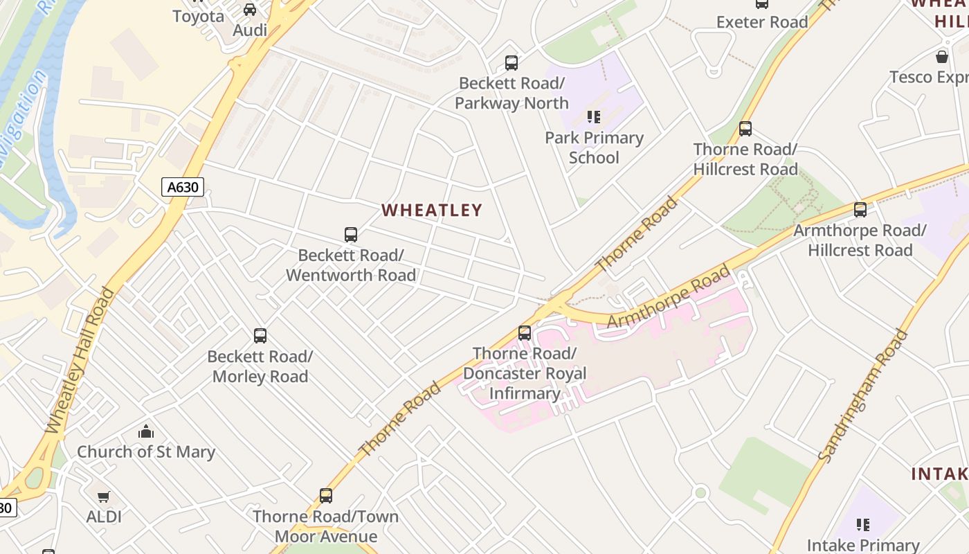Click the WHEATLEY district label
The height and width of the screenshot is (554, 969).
coord(432,210)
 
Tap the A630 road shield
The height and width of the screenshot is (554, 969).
coord(183,186)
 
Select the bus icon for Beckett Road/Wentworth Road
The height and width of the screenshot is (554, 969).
coord(351,235)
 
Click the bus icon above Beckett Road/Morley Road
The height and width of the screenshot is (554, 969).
coord(260,336)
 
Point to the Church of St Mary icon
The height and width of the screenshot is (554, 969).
coord(146,431)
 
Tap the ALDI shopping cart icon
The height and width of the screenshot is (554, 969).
coord(104,497)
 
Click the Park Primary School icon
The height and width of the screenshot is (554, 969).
coord(594,117)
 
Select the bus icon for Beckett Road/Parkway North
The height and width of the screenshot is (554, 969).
coord(511,63)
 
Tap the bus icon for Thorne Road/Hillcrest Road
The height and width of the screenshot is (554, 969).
coord(745,129)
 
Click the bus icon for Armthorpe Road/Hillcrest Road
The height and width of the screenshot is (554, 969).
coord(860,210)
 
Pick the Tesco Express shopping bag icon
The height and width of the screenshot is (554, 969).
coord(942,57)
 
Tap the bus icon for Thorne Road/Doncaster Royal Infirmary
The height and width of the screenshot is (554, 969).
coord(525,333)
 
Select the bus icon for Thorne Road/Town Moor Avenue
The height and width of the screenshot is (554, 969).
coord(326,496)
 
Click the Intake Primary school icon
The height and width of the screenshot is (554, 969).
coord(863,525)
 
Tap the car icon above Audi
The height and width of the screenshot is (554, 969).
coord(250,10)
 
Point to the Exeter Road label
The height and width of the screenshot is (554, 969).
coord(762,22)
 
